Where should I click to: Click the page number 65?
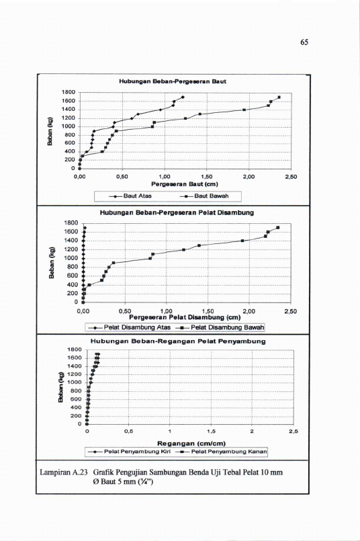(304, 42)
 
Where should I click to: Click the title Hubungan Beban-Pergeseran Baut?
(173, 81)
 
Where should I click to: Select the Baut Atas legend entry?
(131, 196)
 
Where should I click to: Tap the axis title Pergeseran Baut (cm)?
(185, 184)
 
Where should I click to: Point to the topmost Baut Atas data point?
(183, 97)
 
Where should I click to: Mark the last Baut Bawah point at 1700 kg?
(279, 97)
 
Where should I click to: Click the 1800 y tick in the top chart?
(69, 92)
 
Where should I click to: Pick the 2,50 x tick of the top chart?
(291, 177)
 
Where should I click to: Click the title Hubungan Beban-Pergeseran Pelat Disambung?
(177, 212)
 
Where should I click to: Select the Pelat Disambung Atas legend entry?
(130, 327)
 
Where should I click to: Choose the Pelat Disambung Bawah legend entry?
(220, 327)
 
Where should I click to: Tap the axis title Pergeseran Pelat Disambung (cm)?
(185, 317)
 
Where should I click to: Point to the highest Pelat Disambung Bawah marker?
(277, 228)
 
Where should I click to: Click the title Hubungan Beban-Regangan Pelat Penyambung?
(178, 341)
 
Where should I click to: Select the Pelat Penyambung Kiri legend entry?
(130, 452)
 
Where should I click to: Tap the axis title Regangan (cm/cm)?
(191, 444)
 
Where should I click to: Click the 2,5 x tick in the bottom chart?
(294, 431)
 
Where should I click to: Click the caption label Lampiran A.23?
(64, 472)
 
